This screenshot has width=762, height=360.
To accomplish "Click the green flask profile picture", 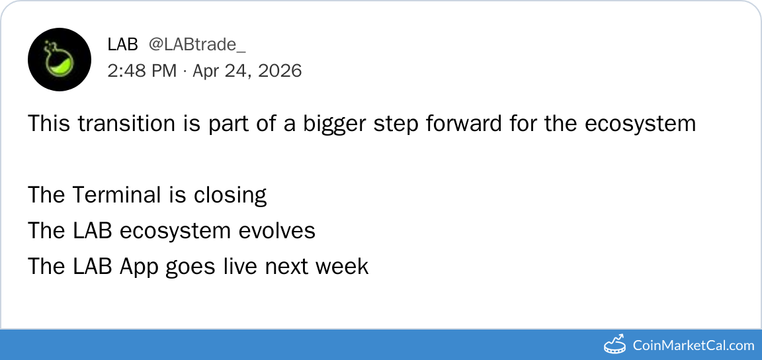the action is tap(60, 60).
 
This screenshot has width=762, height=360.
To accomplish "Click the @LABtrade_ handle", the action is tap(197, 45).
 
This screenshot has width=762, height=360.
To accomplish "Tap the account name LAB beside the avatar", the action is tap(123, 45).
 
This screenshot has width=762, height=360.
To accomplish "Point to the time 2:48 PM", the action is tap(142, 71).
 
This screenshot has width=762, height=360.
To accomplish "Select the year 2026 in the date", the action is tap(280, 71).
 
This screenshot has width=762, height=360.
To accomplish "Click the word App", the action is tap(139, 267).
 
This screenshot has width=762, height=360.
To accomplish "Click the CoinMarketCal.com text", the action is tap(693, 346).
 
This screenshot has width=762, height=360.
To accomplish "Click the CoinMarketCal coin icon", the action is tap(614, 344).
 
